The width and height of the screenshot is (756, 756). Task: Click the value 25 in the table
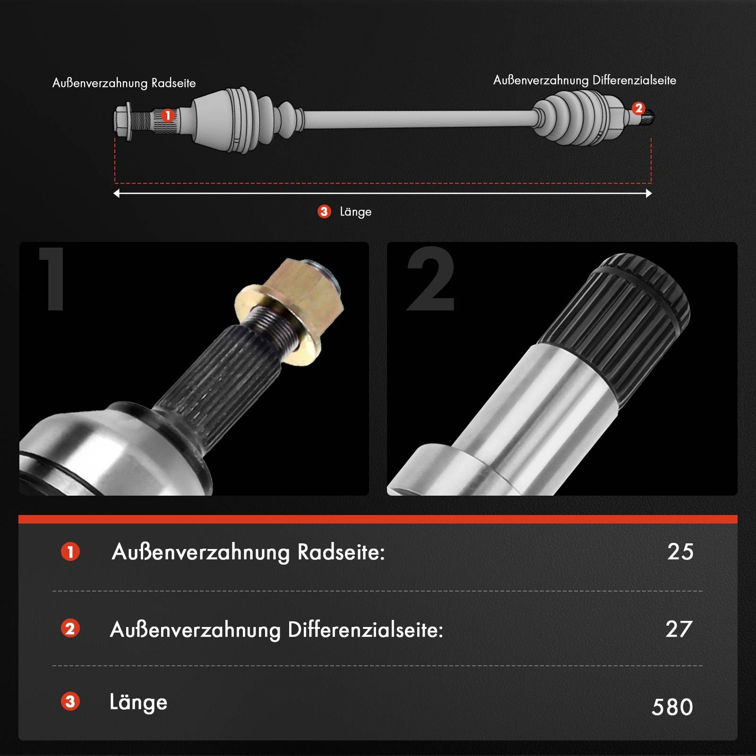(680, 551)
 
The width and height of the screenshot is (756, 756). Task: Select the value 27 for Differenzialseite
(679, 629)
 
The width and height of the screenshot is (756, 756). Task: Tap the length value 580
(672, 707)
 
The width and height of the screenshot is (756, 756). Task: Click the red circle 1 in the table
(70, 551)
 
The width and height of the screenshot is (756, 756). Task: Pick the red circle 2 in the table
(70, 629)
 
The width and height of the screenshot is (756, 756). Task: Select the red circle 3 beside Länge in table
(70, 702)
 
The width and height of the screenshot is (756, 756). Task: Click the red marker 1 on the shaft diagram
(168, 115)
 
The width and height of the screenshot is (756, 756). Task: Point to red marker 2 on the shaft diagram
(638, 108)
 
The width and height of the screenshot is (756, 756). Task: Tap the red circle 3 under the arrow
(324, 211)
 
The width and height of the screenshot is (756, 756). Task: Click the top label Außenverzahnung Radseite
(124, 83)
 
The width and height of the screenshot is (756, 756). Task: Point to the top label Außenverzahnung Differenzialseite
(584, 80)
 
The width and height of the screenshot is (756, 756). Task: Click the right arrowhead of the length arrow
(649, 193)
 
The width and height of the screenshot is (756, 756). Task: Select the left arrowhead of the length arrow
(117, 193)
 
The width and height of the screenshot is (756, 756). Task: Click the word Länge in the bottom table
(138, 702)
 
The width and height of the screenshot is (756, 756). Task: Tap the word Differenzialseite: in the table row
(365, 630)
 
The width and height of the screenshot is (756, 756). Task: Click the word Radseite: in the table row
(341, 552)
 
